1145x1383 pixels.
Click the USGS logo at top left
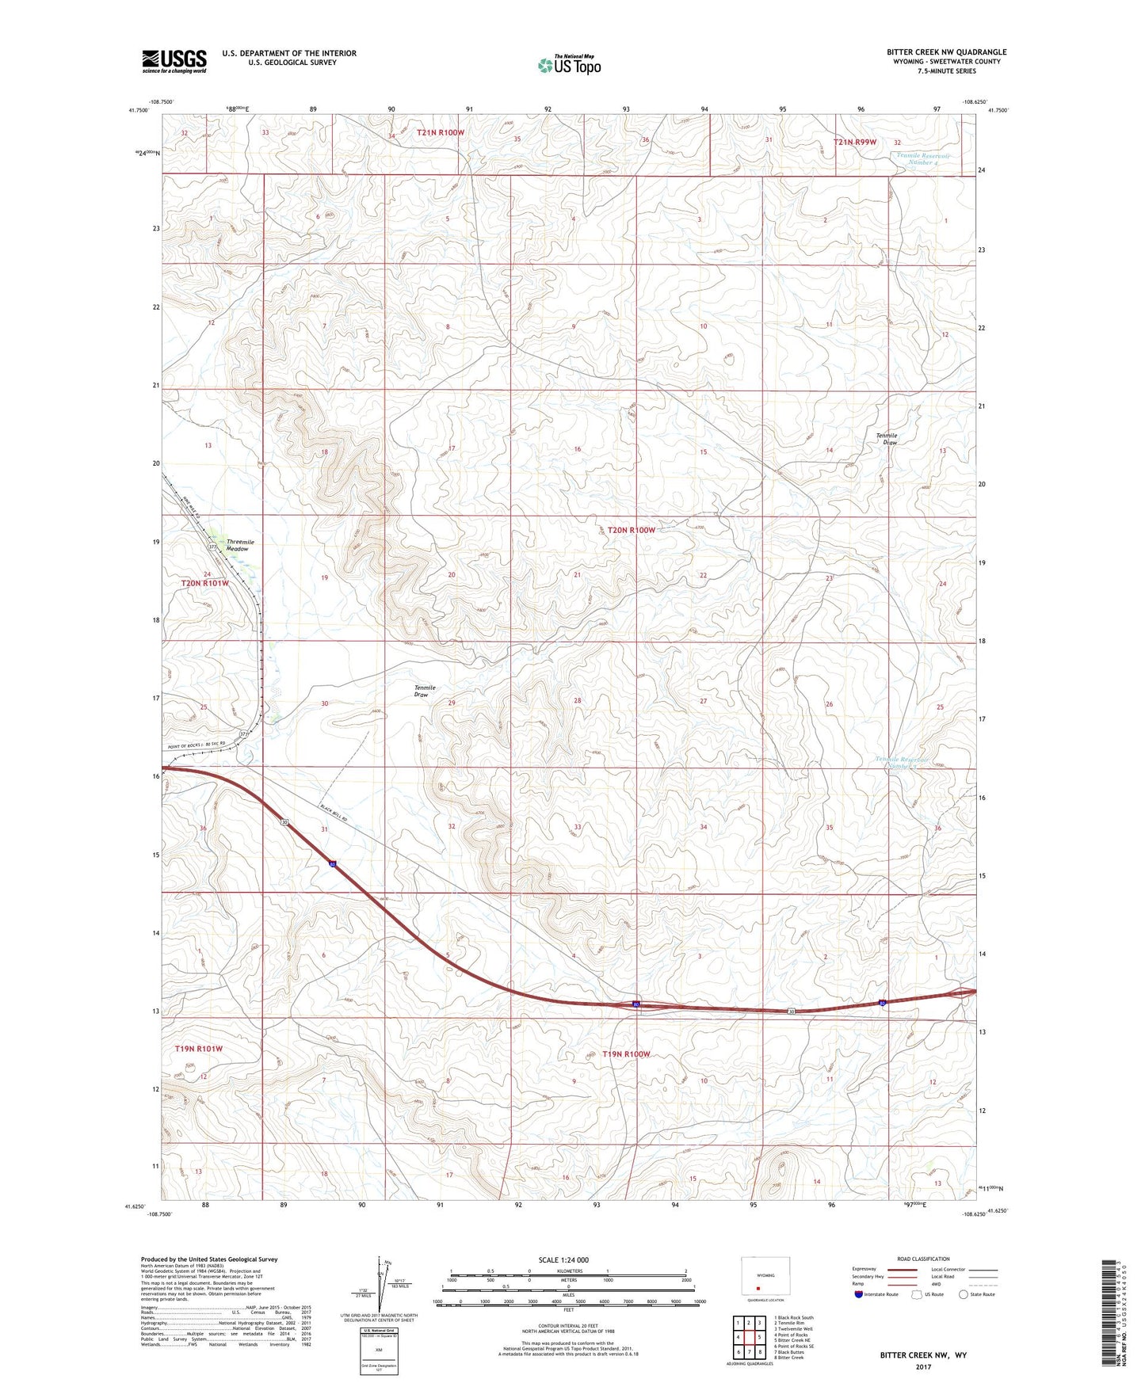pos(174,61)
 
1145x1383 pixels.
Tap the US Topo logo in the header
pos(570,65)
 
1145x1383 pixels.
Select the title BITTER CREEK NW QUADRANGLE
pos(946,52)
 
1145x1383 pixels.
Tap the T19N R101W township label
pos(198,1049)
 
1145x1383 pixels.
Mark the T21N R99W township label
pos(855,142)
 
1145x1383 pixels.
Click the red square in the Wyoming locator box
pos(758,1287)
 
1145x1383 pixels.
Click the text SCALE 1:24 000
pos(563,1260)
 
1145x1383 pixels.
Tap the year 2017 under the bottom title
pos(923,1366)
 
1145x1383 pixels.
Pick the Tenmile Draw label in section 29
pos(425,691)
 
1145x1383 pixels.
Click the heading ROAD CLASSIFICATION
pos(922,1259)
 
